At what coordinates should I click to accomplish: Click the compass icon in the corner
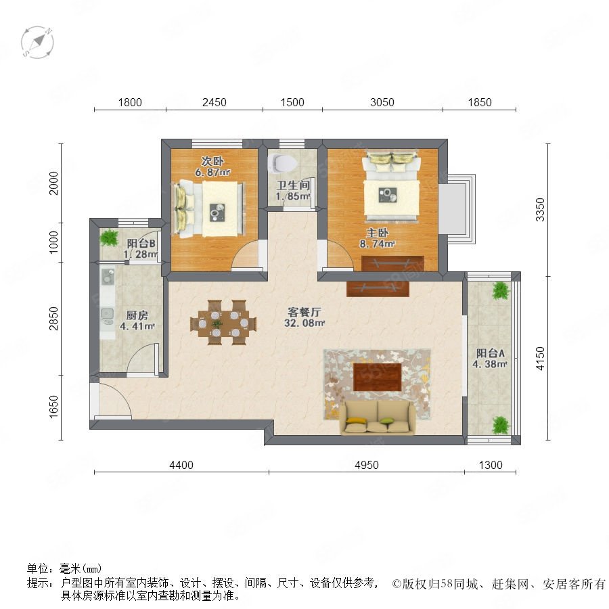click(37, 43)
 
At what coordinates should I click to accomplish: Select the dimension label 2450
click(215, 103)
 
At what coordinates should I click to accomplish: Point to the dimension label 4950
click(367, 465)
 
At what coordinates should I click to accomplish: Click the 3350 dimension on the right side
click(540, 210)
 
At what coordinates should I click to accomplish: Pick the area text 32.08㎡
click(304, 323)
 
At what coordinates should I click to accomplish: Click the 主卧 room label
click(377, 233)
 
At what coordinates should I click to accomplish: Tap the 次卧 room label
click(212, 161)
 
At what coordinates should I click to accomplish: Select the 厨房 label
click(137, 315)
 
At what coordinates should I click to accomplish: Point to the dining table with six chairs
click(223, 322)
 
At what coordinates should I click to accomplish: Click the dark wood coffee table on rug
click(377, 377)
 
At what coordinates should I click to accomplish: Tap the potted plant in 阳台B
click(109, 238)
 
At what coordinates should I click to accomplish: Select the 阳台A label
click(490, 353)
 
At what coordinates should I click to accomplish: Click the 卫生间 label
click(293, 185)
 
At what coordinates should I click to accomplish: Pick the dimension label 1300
click(491, 465)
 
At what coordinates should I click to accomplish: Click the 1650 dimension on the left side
click(53, 407)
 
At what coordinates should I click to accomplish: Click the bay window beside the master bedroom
click(457, 209)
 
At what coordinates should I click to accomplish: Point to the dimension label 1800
click(130, 103)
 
